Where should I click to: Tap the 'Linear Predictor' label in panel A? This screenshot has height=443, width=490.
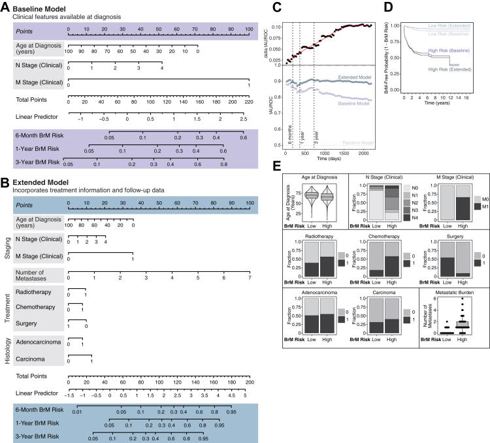pyautogui.click(x=37, y=120)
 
